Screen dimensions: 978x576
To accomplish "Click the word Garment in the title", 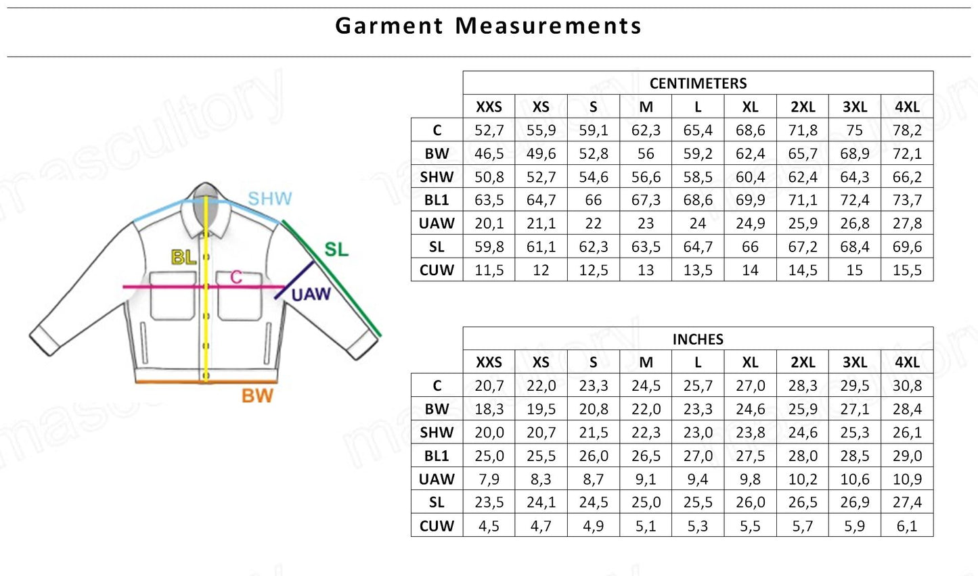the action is [389, 26].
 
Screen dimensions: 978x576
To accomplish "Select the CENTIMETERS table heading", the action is [698, 83].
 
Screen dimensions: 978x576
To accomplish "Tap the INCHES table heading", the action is [698, 339].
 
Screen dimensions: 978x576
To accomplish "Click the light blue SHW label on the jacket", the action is [270, 199].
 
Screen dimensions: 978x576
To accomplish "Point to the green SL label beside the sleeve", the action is [336, 249].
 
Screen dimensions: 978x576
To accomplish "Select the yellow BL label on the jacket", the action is [183, 258].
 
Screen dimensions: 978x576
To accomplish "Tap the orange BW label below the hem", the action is [257, 396].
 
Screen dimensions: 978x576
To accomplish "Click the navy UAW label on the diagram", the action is [311, 295].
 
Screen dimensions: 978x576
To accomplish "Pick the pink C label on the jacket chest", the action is [236, 277].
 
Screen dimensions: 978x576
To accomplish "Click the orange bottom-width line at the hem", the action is [206, 382].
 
